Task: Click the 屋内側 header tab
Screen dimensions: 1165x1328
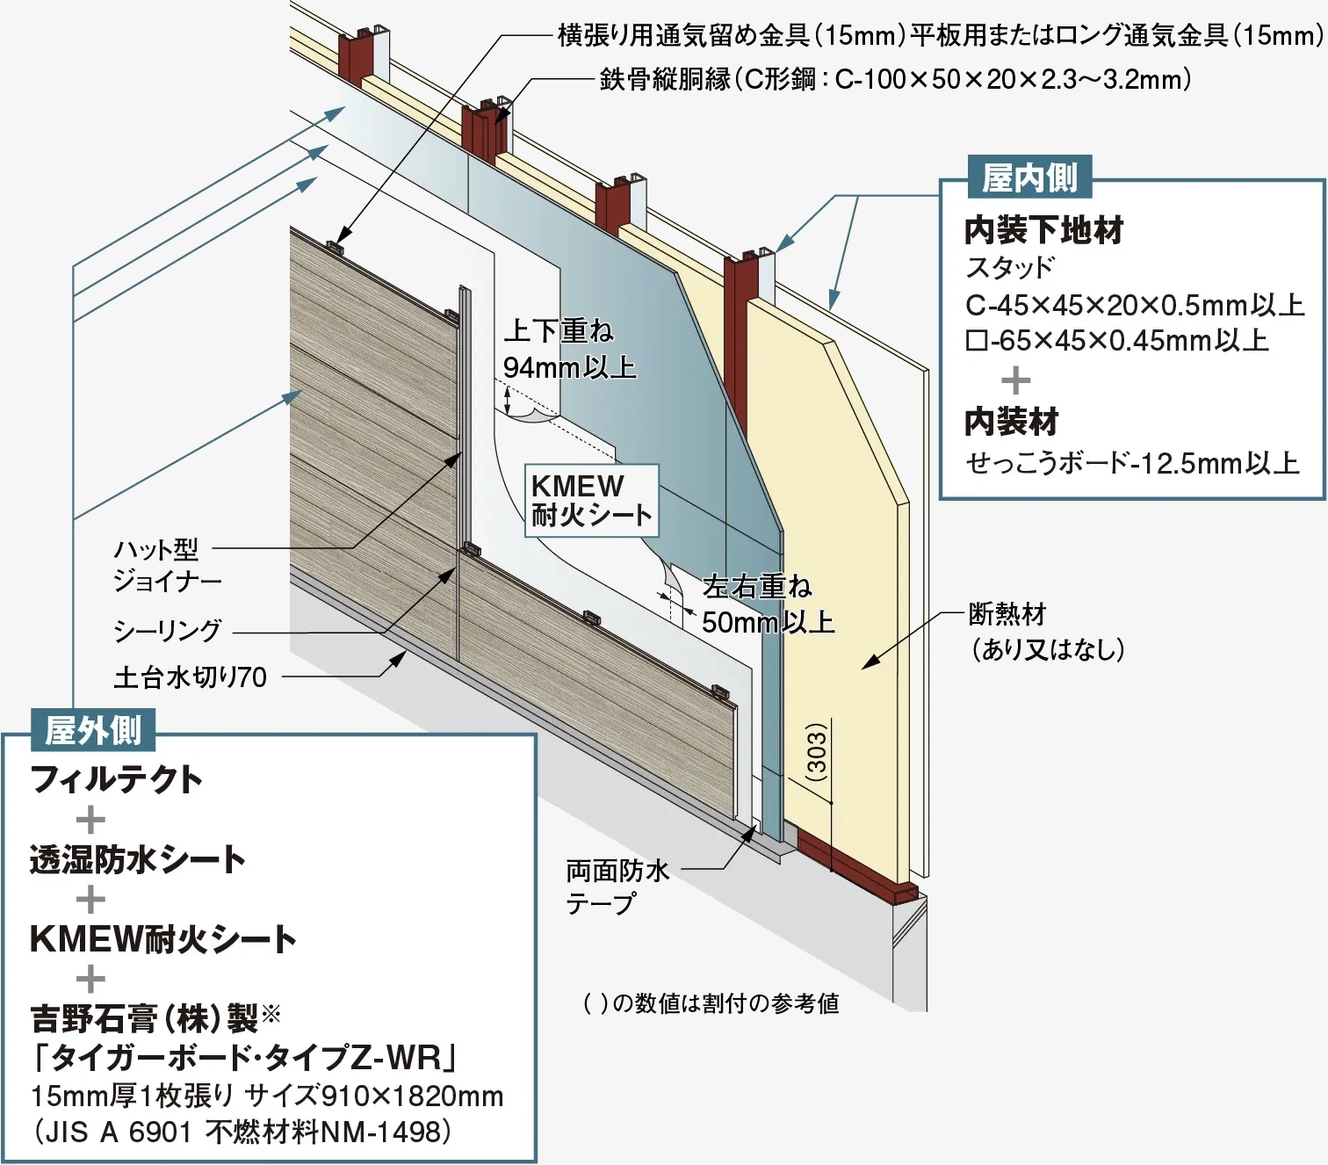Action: tap(1028, 178)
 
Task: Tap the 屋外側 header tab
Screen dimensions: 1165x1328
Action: tap(92, 731)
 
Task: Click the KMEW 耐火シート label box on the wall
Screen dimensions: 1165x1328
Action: tap(591, 500)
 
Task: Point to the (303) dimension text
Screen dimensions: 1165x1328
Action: tap(817, 752)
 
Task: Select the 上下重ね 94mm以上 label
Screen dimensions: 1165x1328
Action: tap(568, 349)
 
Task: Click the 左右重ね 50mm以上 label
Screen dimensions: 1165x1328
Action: tap(767, 604)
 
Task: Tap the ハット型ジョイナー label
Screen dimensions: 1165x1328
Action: tap(166, 565)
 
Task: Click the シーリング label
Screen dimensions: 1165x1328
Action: tap(167, 630)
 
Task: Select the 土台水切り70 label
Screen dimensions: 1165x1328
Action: tap(190, 677)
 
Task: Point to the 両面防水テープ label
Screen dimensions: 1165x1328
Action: tap(617, 886)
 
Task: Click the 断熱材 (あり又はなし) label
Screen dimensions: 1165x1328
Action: tap(1045, 632)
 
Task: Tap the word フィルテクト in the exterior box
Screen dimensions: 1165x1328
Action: tap(116, 779)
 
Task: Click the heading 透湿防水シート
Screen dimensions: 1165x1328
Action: tap(137, 859)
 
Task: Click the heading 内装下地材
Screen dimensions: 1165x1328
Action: tap(1043, 230)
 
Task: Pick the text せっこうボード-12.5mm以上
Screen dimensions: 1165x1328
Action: tap(1131, 463)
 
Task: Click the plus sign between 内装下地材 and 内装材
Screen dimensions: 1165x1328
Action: tap(1015, 380)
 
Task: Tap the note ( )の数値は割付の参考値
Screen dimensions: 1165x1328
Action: tap(711, 1003)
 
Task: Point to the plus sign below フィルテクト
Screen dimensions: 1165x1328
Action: tap(90, 820)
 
